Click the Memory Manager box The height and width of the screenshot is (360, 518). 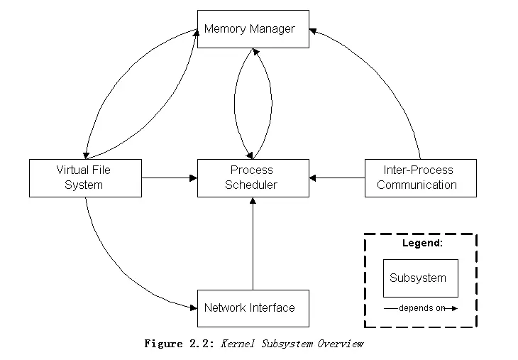coord(253,29)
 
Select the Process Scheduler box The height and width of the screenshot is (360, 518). coord(253,178)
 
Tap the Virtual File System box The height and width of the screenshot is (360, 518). coord(85,178)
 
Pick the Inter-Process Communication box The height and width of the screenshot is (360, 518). coord(420,178)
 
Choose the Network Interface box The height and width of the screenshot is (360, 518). coord(253,308)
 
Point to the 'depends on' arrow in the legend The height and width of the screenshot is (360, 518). coord(421,308)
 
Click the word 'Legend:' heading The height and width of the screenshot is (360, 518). coord(422,243)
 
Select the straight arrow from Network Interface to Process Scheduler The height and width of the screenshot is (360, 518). coord(253,245)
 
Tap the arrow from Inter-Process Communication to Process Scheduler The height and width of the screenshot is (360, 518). coord(337,178)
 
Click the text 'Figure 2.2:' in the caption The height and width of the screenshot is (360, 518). coord(180,344)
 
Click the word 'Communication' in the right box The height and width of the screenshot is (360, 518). coord(417,185)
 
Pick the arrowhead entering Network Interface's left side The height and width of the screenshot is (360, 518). coord(192,307)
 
